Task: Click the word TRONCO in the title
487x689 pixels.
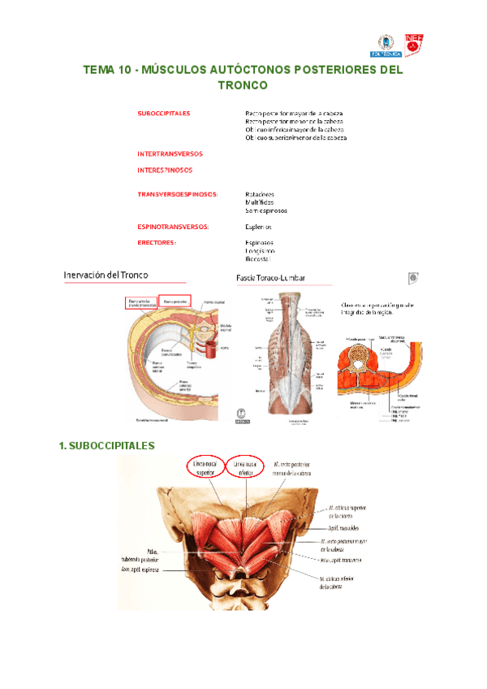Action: click(243, 85)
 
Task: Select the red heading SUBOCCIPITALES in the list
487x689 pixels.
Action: click(164, 113)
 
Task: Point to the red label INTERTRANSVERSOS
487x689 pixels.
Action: click(170, 154)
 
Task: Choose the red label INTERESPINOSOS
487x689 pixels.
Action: click(166, 171)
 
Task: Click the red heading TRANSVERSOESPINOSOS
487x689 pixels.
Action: click(177, 194)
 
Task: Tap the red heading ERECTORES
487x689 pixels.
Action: click(157, 242)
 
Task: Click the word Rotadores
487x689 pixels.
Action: click(260, 194)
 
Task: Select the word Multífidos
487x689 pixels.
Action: click(260, 202)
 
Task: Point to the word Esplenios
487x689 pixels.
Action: click(258, 227)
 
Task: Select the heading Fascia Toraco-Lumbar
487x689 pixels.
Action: click(270, 278)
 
